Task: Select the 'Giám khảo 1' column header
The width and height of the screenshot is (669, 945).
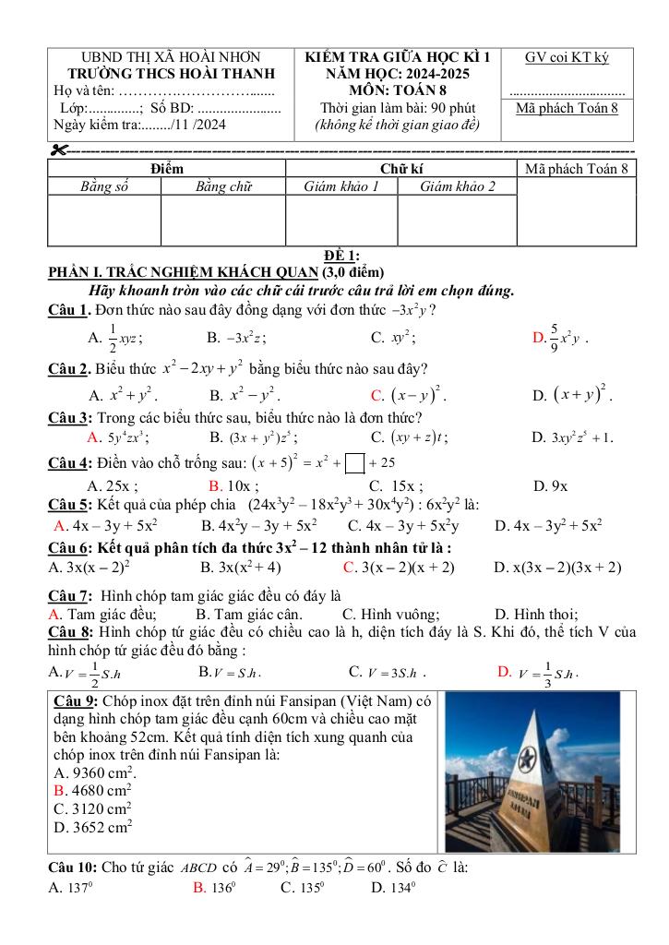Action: coord(341,186)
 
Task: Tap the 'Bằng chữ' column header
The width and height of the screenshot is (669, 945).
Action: coord(224,186)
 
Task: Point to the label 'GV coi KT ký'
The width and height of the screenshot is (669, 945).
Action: coord(567,57)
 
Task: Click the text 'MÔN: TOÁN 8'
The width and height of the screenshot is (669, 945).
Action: coord(397,90)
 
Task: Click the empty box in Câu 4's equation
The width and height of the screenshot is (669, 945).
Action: coord(353,461)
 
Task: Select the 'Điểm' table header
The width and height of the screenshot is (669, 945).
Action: coord(166,168)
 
